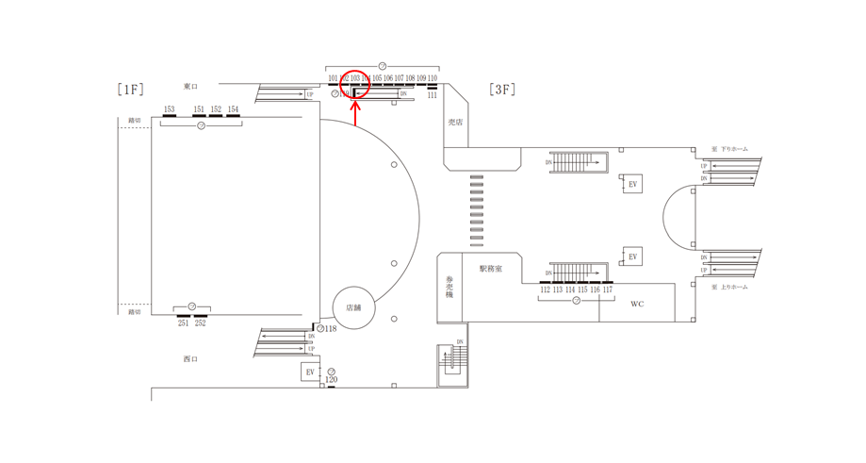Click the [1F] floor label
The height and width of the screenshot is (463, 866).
click(x=130, y=90)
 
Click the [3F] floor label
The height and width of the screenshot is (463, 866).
click(x=501, y=90)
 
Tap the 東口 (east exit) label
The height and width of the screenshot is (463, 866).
click(x=190, y=87)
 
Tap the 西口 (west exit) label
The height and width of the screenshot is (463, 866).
click(x=190, y=359)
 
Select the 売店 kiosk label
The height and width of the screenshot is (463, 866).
click(x=456, y=123)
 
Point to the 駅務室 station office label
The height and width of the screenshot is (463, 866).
click(x=491, y=269)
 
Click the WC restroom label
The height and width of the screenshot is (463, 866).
click(x=637, y=305)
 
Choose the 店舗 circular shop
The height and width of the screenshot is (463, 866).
click(x=354, y=307)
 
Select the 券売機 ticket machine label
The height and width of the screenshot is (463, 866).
click(x=449, y=288)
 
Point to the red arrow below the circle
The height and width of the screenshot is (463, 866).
click(x=355, y=113)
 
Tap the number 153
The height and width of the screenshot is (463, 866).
click(x=169, y=110)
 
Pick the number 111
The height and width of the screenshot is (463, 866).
click(x=433, y=95)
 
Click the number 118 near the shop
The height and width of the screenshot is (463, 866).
click(x=331, y=329)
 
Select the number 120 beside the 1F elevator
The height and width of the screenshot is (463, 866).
click(x=331, y=380)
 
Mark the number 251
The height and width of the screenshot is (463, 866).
click(x=183, y=323)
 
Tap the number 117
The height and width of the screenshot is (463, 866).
click(x=608, y=290)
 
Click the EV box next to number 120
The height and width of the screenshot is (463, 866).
click(x=310, y=372)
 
